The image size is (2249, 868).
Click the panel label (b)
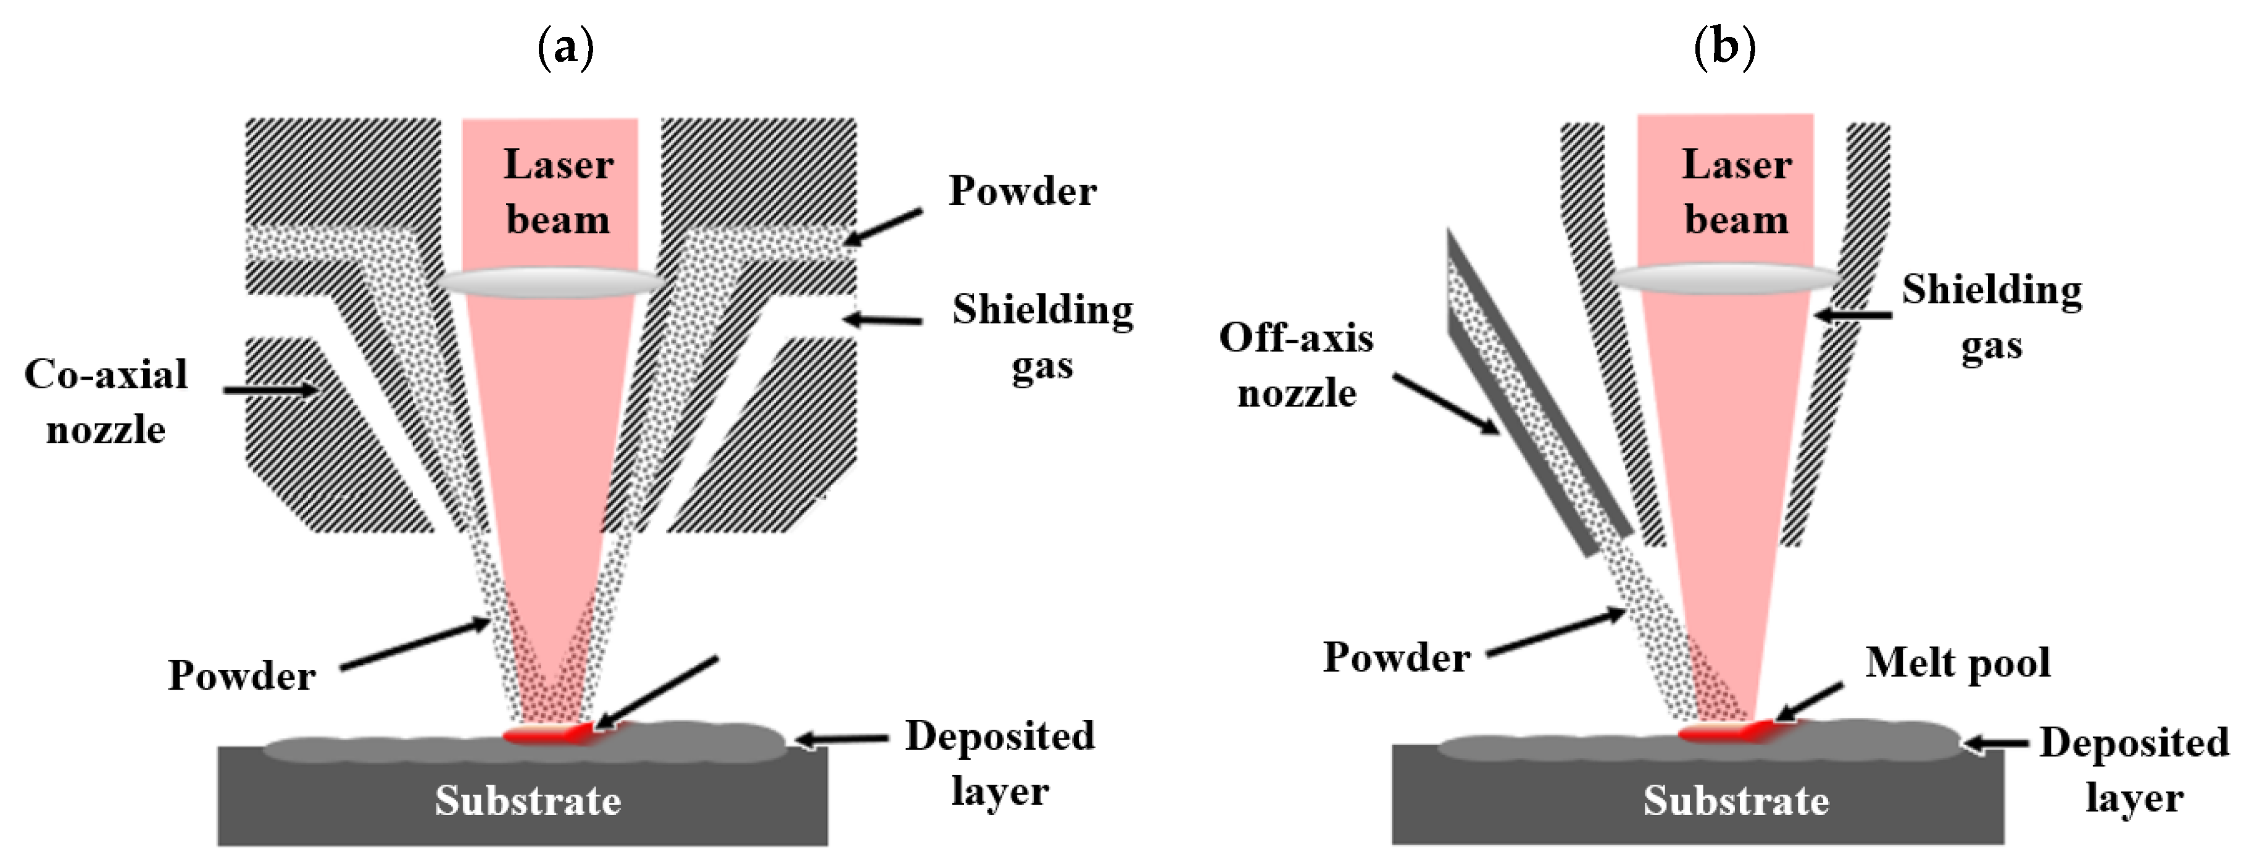[x=1724, y=46]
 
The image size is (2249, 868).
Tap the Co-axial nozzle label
[x=106, y=402]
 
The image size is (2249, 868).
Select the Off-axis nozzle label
[x=1297, y=365]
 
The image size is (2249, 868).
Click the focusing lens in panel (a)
[x=550, y=282]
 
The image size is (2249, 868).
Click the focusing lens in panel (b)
[x=1726, y=278]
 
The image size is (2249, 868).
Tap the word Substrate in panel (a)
[x=528, y=801]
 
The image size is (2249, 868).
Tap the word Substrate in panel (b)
[x=1736, y=801]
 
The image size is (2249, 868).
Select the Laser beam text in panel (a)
[x=558, y=192]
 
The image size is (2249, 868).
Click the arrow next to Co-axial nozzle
[x=271, y=390]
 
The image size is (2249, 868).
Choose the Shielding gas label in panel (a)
[x=1042, y=336]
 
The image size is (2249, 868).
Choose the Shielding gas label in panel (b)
[x=1992, y=316]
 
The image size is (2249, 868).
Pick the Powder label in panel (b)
[x=1396, y=657]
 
